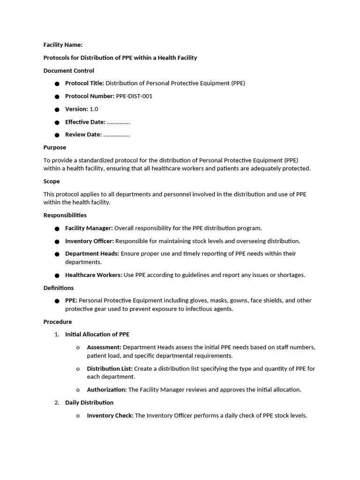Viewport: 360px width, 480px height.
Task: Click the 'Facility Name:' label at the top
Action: click(x=63, y=45)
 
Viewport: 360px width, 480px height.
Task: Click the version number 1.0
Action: click(x=94, y=109)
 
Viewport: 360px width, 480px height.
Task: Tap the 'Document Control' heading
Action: click(x=68, y=71)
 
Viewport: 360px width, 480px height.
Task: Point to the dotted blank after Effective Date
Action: click(x=118, y=122)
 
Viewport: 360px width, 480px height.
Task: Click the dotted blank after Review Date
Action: click(x=116, y=135)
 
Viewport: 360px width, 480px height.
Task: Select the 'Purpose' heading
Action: click(x=55, y=147)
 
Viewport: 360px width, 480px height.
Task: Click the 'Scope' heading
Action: click(x=52, y=181)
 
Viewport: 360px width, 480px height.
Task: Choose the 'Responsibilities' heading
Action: click(x=65, y=215)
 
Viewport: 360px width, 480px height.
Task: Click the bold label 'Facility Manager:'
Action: click(x=89, y=228)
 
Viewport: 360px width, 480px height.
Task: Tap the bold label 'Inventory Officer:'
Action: click(x=89, y=241)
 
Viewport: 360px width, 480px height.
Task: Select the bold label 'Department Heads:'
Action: click(x=92, y=254)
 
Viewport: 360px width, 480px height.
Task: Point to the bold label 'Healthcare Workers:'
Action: click(x=93, y=275)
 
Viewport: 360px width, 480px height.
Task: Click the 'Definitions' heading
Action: click(x=59, y=288)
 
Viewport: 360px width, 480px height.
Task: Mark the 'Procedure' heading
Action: click(x=58, y=322)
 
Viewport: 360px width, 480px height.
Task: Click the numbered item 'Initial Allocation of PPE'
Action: click(x=97, y=335)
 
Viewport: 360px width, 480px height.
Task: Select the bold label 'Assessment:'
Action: click(x=104, y=347)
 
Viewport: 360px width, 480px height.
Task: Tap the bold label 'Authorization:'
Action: click(x=107, y=390)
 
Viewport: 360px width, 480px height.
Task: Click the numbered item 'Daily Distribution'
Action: click(x=89, y=403)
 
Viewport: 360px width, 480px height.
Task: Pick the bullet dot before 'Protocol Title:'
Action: click(x=57, y=84)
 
